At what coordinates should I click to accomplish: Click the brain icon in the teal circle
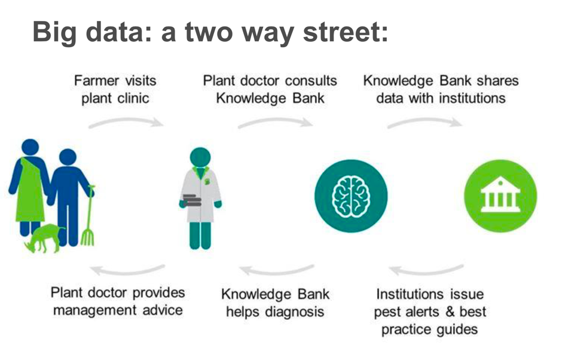pos(352,196)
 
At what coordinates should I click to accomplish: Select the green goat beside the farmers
pos(44,238)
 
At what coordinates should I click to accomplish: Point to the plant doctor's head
pos(200,157)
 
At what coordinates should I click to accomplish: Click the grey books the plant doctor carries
pos(192,200)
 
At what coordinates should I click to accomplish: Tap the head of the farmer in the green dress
pos(30,147)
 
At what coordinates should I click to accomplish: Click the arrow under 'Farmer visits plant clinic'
pos(126,121)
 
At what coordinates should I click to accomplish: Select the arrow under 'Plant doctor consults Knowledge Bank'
pos(275,121)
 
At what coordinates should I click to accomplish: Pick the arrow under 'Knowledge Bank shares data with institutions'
pos(424,121)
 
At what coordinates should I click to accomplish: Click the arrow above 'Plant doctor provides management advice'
pos(127,270)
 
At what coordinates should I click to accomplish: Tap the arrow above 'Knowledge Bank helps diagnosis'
pos(277,270)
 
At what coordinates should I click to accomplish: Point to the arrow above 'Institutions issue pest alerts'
pos(426,270)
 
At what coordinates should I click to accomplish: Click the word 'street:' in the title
pos(346,32)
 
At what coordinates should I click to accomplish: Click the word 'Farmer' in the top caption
pos(96,81)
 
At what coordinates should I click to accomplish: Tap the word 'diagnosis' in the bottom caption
pos(295,312)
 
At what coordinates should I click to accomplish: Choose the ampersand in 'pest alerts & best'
pos(450,312)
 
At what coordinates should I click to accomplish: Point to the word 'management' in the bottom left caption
pos(95,310)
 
